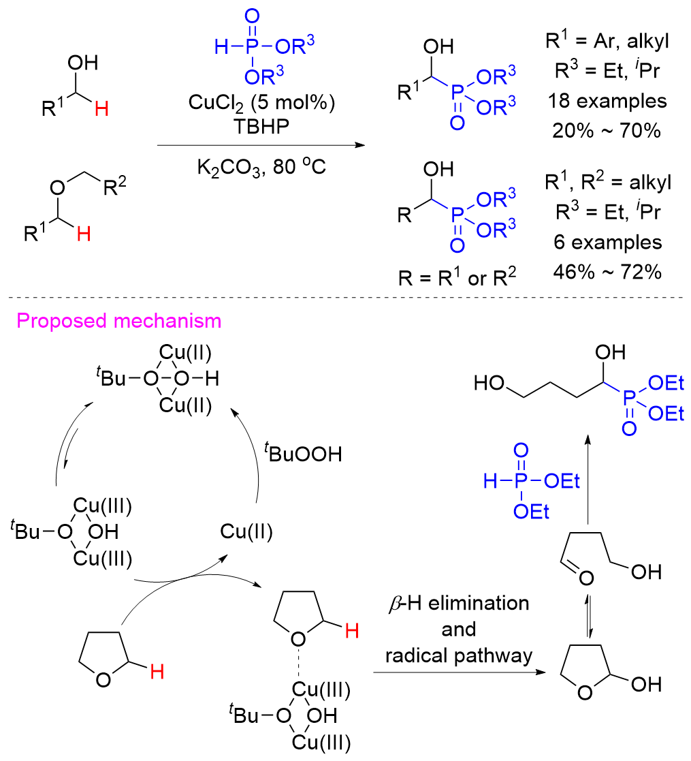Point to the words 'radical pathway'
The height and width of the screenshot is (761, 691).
[457, 656]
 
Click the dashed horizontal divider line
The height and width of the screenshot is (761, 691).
[345, 296]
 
